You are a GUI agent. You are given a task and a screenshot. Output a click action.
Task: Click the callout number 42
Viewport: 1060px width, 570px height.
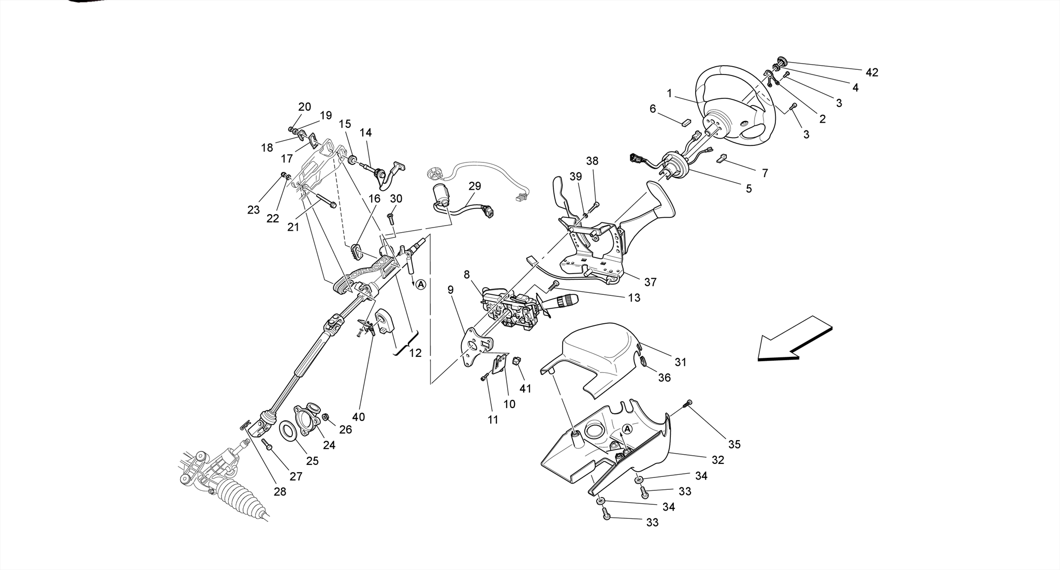coord(872,72)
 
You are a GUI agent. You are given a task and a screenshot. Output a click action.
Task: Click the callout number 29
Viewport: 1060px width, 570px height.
coord(475,186)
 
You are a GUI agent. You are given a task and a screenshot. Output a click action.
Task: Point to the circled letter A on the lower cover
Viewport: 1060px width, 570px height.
coord(627,429)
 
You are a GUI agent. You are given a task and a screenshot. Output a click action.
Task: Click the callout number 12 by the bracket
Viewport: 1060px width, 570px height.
coord(415,353)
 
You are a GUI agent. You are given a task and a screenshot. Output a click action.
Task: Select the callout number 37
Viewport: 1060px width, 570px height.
coord(650,282)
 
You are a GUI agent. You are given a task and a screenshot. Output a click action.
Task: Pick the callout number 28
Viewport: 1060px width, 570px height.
coord(279,491)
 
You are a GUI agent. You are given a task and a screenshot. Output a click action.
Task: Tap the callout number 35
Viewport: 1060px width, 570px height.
coord(734,444)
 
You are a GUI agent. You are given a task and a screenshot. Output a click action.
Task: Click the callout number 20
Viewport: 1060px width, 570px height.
coord(304,107)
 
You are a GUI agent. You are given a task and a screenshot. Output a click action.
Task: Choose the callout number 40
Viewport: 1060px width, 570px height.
coord(358,416)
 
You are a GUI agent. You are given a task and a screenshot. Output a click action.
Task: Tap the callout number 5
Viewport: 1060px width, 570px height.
coord(748,189)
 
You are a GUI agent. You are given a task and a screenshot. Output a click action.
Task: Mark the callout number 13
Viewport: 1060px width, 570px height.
coord(634,297)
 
